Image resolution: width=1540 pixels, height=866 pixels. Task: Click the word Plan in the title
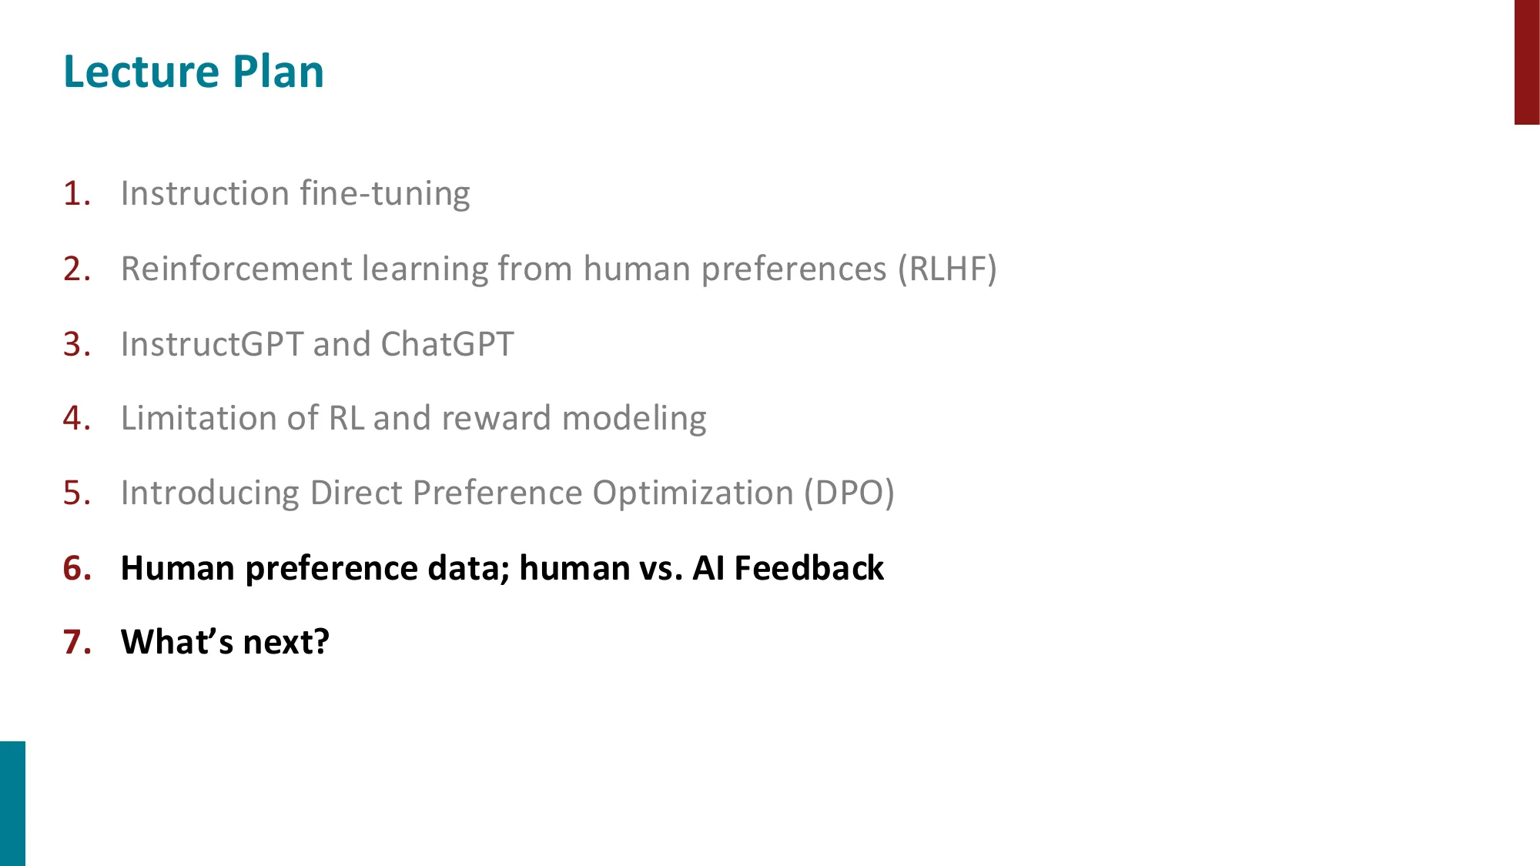click(x=278, y=72)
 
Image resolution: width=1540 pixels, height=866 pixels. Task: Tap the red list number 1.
click(x=76, y=193)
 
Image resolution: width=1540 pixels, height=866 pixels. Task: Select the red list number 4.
click(x=76, y=418)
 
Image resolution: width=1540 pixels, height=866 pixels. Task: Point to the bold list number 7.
click(x=76, y=642)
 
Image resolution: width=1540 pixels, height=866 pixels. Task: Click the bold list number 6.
click(x=76, y=568)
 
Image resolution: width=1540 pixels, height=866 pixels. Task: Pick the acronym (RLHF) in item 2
click(x=946, y=269)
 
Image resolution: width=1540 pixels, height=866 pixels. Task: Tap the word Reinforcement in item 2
click(x=236, y=269)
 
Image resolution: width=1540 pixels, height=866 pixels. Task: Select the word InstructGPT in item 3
click(x=212, y=344)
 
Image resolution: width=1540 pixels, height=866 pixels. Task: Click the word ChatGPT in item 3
click(x=447, y=344)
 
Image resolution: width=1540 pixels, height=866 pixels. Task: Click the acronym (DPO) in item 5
click(x=849, y=493)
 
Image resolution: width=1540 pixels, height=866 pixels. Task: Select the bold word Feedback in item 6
click(x=808, y=568)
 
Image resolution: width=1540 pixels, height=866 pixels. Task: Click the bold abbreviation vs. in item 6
click(x=661, y=568)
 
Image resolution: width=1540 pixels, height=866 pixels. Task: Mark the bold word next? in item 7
click(x=286, y=642)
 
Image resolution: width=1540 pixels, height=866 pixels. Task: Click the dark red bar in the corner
click(x=1526, y=62)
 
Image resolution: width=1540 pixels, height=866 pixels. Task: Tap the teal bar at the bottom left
click(x=12, y=803)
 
